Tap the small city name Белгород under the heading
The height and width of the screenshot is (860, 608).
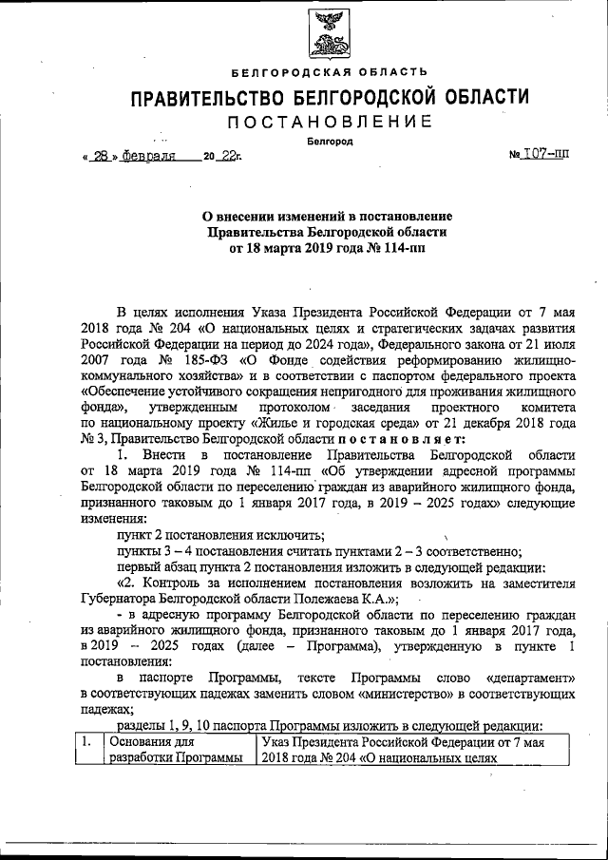coord(329,142)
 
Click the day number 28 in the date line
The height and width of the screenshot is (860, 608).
coord(101,158)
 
